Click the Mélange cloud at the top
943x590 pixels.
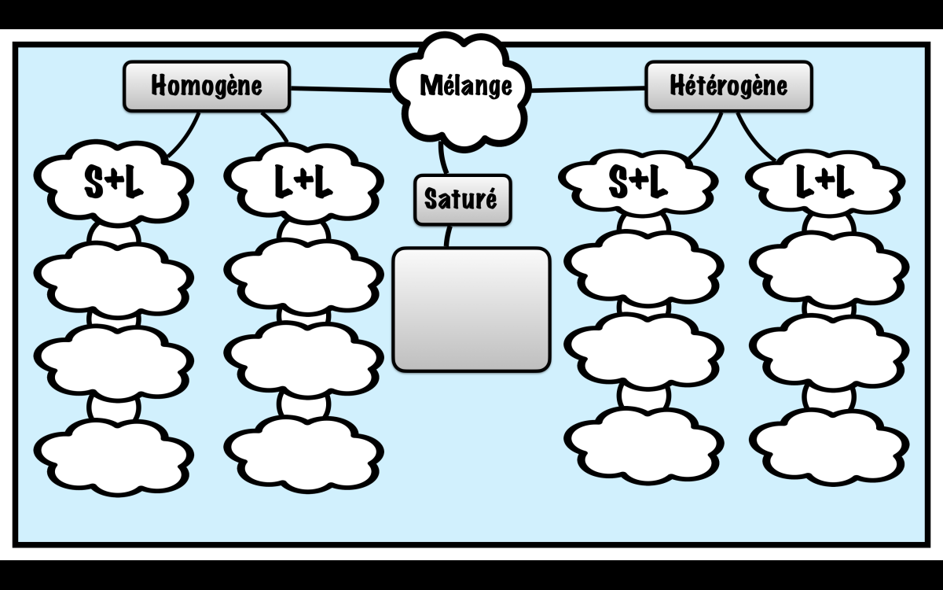464,87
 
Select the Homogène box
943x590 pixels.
207,86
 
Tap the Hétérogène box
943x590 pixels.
728,86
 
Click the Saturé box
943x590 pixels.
461,199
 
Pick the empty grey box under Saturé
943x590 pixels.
471,309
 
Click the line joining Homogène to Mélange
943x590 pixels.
339,88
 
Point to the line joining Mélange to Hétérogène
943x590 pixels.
588,90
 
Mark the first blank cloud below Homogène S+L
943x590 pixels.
115,276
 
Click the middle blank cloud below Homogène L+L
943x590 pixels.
303,358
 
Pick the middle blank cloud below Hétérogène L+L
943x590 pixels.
830,350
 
